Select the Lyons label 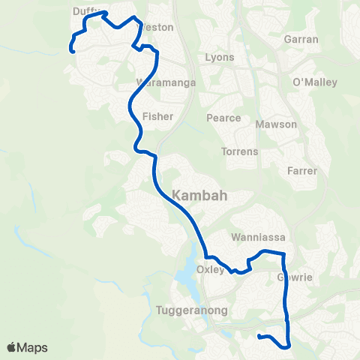click(219, 57)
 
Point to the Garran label click(301, 39)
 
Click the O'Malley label click(315, 82)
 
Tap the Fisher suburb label click(157, 116)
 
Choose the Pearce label click(224, 118)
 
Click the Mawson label click(276, 124)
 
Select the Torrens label click(239, 151)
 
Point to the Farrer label click(302, 171)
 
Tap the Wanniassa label click(259, 237)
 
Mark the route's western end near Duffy click(72, 50)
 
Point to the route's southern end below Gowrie click(259, 337)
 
